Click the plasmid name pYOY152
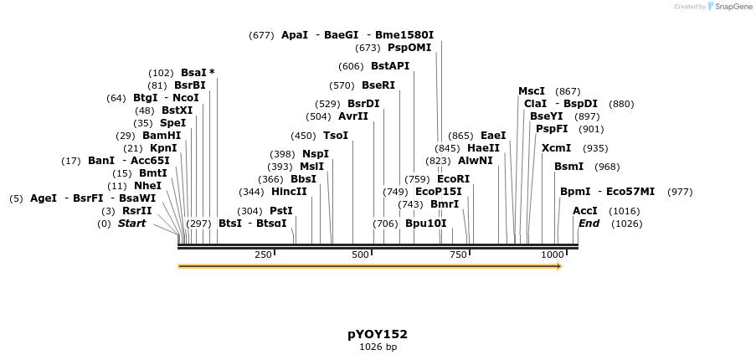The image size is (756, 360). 378,334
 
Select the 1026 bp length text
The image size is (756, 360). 378,347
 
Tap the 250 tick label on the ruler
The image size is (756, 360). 263,255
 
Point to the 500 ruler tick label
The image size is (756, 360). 361,255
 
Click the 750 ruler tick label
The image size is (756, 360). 458,255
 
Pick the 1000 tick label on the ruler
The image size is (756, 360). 552,255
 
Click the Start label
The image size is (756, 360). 131,224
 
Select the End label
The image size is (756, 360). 589,224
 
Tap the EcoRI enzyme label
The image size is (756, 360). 454,179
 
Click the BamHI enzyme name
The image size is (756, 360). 162,136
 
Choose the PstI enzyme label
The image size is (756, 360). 281,211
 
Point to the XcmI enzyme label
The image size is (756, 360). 557,148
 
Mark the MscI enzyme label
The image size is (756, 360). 532,91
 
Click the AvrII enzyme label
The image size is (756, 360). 352,116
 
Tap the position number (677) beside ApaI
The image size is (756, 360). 261,35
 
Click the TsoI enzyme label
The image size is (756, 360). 336,136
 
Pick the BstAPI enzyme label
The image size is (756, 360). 390,66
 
